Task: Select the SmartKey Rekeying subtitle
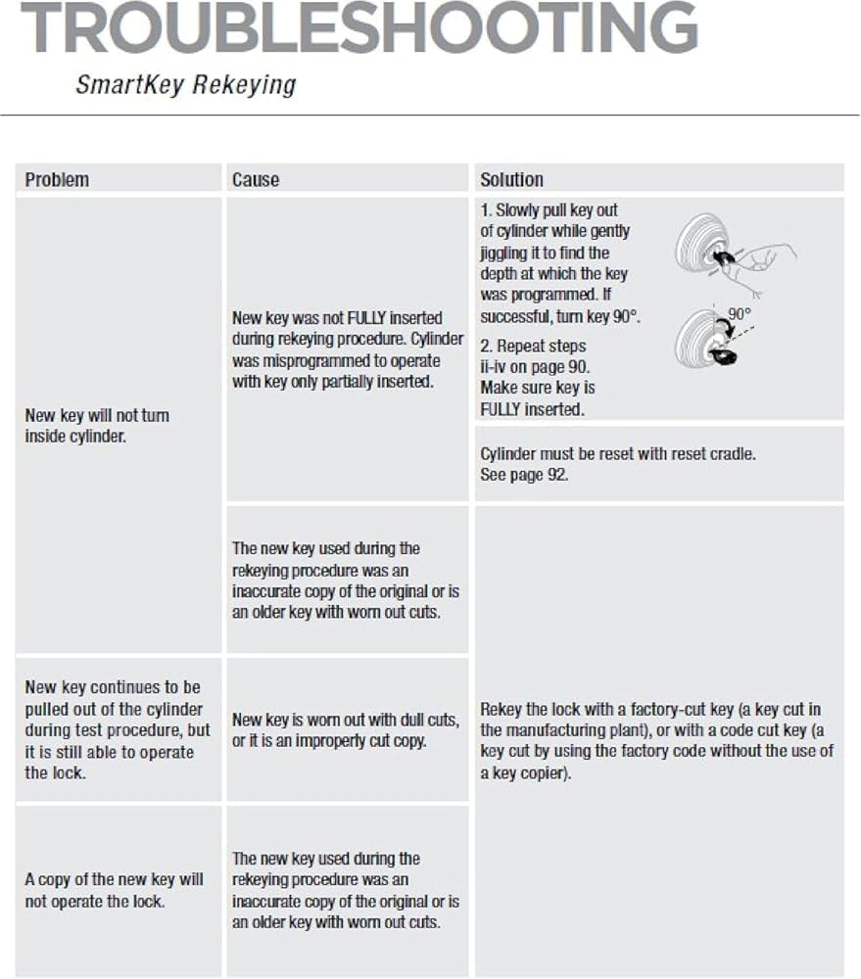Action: click(185, 85)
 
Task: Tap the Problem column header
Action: click(57, 179)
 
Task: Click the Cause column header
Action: click(256, 179)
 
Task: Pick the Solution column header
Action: click(511, 179)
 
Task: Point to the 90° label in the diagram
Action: click(740, 314)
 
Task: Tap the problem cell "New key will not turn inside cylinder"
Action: click(97, 426)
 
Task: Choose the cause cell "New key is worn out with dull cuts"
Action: click(346, 730)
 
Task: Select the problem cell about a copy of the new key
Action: click(114, 890)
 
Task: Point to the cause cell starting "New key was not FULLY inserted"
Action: click(337, 350)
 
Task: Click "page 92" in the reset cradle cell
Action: click(545, 475)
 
